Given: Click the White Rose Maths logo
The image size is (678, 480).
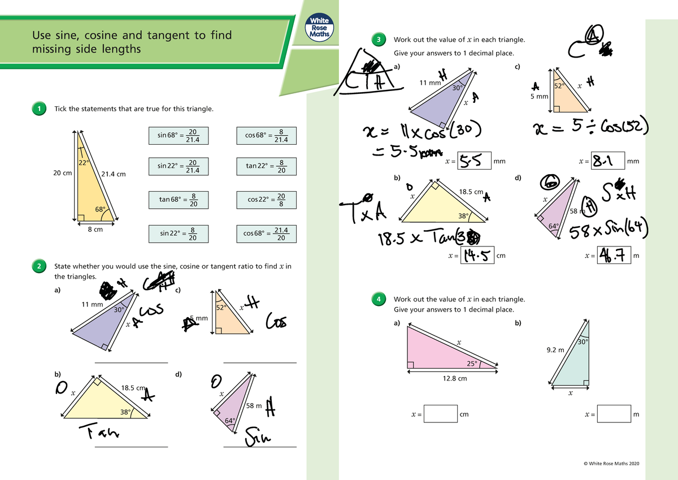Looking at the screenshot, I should click(319, 27).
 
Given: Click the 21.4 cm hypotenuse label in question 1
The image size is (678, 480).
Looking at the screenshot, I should click(113, 173).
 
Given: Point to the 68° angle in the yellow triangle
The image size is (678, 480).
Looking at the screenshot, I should click(100, 210).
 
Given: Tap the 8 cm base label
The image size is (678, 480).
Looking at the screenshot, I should click(95, 230).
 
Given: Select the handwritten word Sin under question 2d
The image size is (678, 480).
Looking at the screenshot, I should click(258, 437).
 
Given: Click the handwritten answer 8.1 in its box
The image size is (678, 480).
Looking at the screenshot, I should click(607, 162).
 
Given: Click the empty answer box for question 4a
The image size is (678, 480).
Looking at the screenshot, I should click(441, 414).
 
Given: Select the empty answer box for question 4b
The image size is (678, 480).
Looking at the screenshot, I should click(615, 414).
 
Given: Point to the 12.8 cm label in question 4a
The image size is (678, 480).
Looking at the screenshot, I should click(454, 378).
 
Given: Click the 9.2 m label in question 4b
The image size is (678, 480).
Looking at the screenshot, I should click(555, 351).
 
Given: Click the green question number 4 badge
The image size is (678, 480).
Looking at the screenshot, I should click(381, 299).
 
